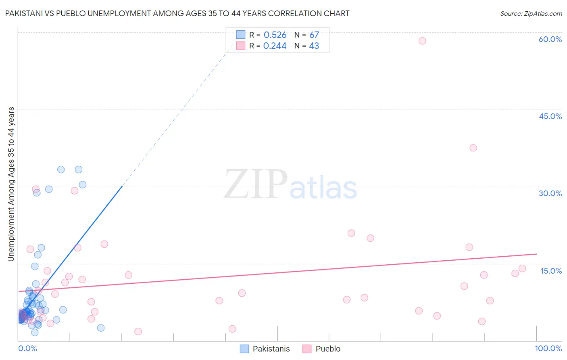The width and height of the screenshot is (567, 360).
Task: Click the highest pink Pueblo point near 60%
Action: tap(422, 41)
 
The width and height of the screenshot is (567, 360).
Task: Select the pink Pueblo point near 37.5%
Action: tap(473, 148)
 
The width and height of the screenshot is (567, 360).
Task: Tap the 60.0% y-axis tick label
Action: tap(550, 39)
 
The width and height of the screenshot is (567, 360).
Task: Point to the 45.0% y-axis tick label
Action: tap(550, 116)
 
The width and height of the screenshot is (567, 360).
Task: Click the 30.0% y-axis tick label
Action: tap(550, 193)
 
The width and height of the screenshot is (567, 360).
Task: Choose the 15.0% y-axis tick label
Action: tap(551, 271)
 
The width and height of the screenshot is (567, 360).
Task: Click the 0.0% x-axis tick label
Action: tap(27, 348)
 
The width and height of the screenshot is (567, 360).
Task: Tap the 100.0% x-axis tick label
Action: tap(548, 348)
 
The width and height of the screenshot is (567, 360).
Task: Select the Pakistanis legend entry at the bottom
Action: tap(271, 349)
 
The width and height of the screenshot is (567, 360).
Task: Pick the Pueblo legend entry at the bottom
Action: tap(327, 349)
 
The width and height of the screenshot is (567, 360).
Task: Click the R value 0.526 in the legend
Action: tap(275, 35)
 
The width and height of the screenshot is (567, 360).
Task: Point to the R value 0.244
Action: tap(275, 46)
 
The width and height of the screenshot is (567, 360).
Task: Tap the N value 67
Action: tap(314, 35)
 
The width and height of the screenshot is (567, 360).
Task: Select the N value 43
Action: tap(314, 46)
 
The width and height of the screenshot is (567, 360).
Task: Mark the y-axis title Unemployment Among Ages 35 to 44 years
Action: tap(11, 184)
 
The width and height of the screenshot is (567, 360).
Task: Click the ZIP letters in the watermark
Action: tap(255, 185)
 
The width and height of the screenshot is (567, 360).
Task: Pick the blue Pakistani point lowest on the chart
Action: tap(35, 333)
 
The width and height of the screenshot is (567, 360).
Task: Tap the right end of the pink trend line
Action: tap(536, 254)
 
